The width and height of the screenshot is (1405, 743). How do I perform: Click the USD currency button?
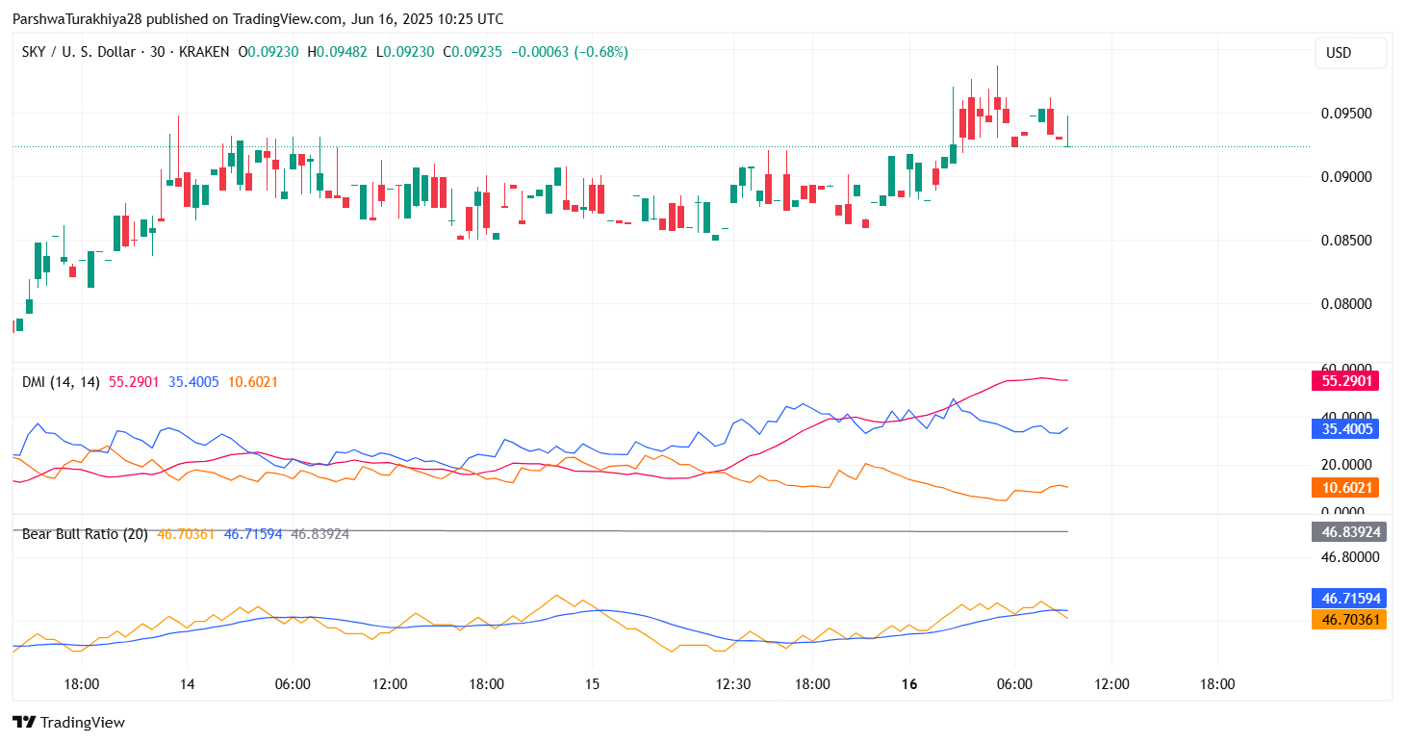[x=1350, y=53]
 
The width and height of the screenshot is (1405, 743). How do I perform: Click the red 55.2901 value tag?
[x=1344, y=381]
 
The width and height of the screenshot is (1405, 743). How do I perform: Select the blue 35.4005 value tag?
[x=1344, y=429]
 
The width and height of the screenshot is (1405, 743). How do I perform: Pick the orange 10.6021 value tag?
[x=1344, y=488]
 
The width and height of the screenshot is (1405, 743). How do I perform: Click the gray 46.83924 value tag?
[x=1348, y=531]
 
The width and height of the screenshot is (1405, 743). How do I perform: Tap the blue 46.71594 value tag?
[x=1348, y=598]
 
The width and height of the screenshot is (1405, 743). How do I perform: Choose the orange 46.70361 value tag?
[x=1348, y=620]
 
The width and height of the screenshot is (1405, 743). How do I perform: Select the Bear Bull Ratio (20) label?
[x=85, y=533]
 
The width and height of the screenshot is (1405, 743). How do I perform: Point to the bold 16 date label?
[x=909, y=684]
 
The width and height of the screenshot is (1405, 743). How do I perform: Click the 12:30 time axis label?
[x=733, y=684]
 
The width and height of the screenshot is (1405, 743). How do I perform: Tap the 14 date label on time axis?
[x=187, y=684]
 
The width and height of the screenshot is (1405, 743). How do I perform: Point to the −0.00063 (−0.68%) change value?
[x=571, y=52]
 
